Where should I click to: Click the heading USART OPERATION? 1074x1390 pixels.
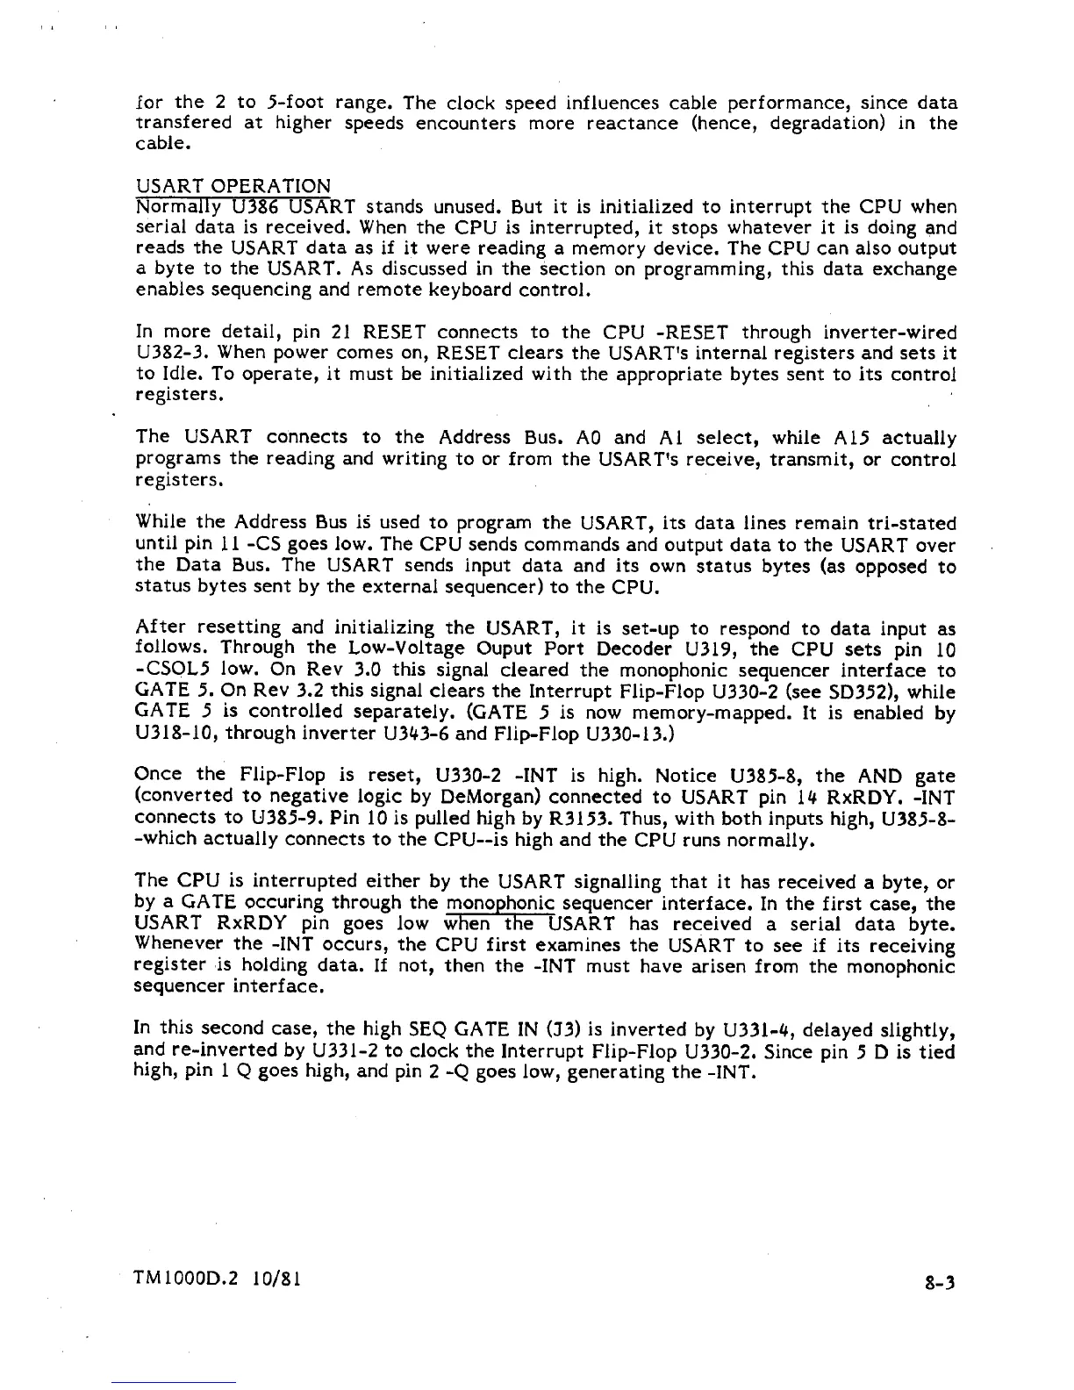pos(234,186)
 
